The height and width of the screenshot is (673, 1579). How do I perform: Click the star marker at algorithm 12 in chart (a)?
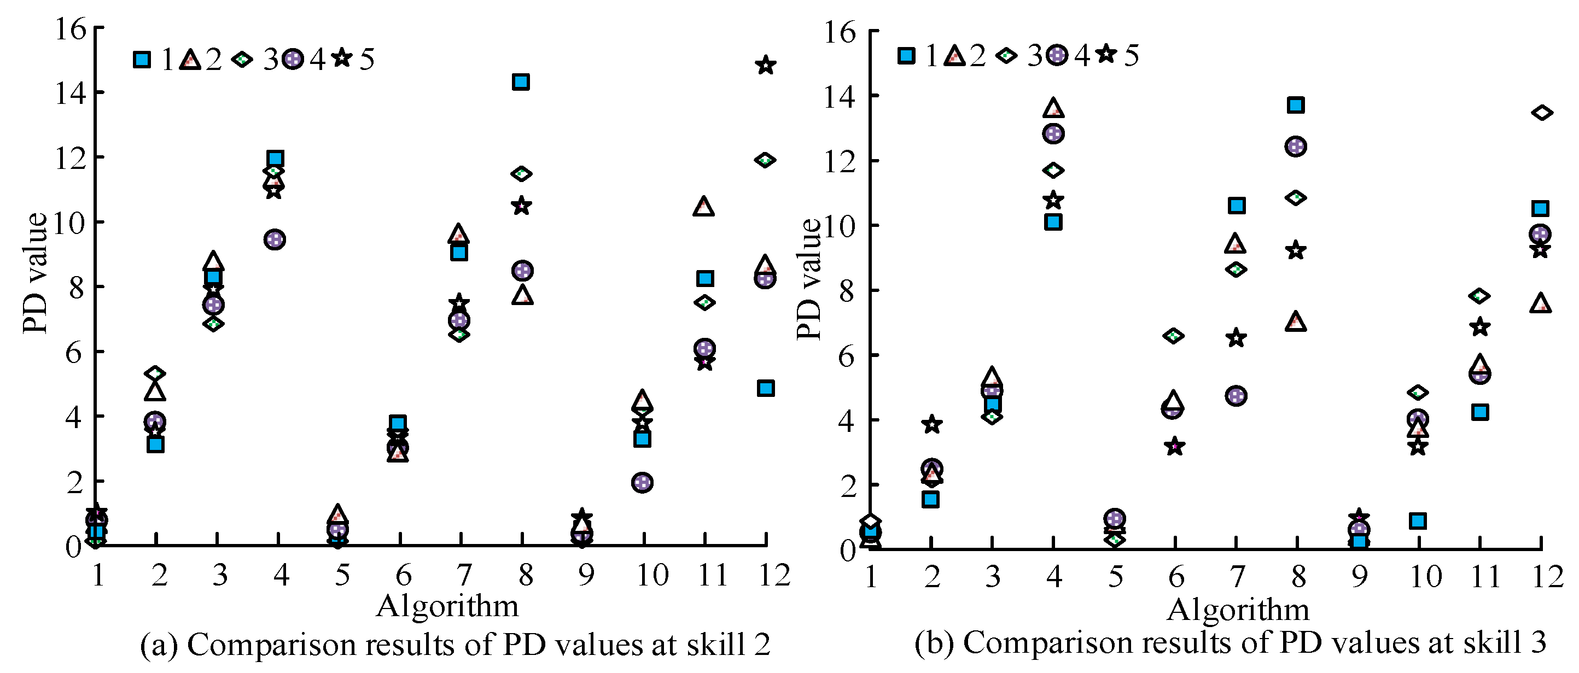click(x=765, y=65)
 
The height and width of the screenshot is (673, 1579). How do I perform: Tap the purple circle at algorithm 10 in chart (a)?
click(x=642, y=482)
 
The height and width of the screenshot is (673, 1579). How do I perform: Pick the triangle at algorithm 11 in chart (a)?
click(x=704, y=207)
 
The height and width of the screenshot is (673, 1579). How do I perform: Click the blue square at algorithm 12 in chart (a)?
click(x=766, y=388)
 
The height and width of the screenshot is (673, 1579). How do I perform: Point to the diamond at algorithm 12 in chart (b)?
click(x=1542, y=112)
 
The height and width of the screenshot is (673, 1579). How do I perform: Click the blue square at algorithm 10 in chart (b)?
click(x=1418, y=521)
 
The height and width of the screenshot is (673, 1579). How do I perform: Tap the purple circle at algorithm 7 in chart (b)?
click(x=1237, y=396)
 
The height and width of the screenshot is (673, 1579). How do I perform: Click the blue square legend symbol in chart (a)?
click(x=142, y=60)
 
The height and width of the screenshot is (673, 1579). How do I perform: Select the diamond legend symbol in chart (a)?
click(x=242, y=60)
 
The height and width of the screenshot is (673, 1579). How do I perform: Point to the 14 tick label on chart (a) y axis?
click(x=71, y=94)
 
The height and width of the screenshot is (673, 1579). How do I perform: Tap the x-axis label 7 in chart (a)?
click(x=463, y=575)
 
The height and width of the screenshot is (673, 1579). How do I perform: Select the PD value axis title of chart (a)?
click(x=34, y=273)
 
